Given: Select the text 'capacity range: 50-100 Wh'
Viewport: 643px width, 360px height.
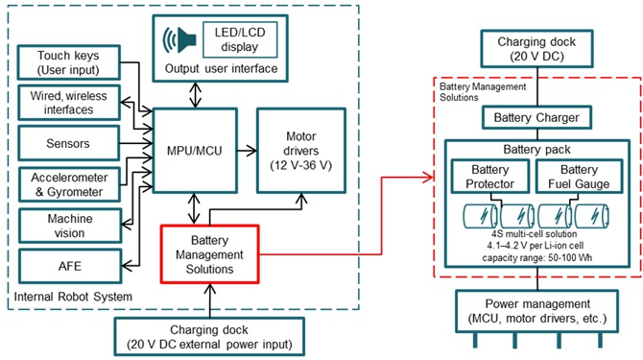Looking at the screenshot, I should pos(536,258).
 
